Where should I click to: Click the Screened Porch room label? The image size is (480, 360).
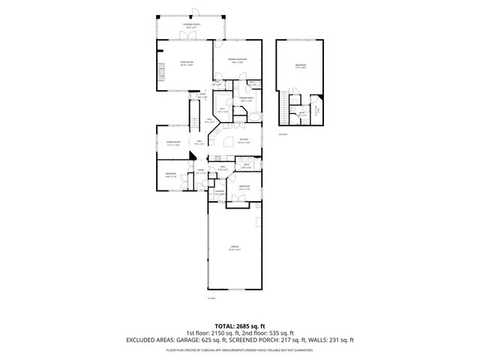(x=192, y=25)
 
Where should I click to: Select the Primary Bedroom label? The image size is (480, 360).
(x=238, y=60)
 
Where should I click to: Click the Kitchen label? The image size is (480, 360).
(x=244, y=140)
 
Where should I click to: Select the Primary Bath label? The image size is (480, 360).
(x=246, y=99)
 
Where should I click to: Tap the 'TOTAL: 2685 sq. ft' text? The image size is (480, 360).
(x=239, y=326)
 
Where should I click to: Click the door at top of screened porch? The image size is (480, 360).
(x=192, y=12)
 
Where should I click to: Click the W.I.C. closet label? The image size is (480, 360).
(x=222, y=110)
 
